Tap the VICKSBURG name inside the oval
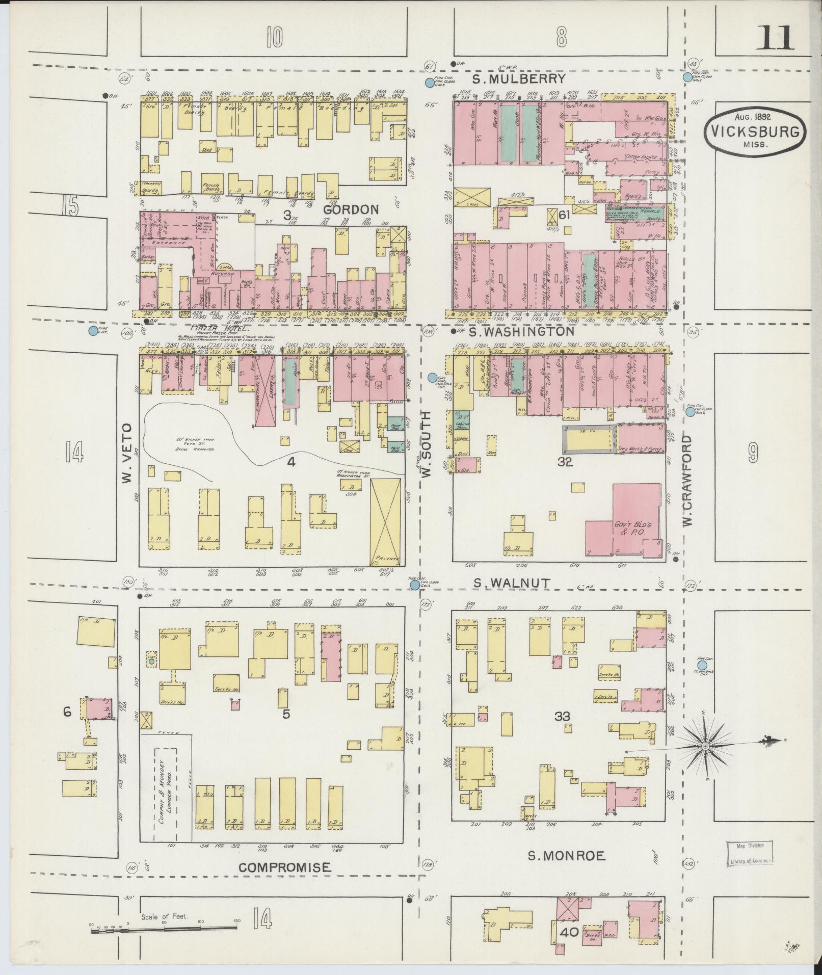(756, 132)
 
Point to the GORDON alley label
(351, 209)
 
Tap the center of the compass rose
(706, 747)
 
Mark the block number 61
(564, 215)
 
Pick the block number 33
(562, 717)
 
